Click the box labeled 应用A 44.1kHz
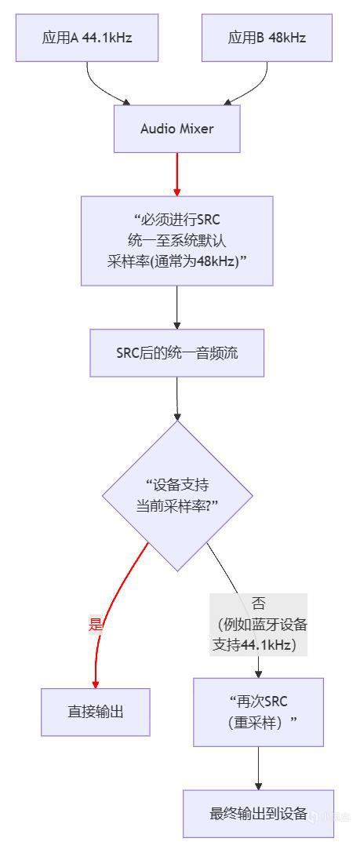[x=87, y=38]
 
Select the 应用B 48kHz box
[x=267, y=38]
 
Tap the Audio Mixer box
[x=177, y=129]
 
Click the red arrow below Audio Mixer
[x=177, y=174]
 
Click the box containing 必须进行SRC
[x=177, y=241]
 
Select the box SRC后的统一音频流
[x=177, y=353]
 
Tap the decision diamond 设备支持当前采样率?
[x=177, y=496]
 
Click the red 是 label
[x=95, y=624]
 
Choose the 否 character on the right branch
[x=258, y=603]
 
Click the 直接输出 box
[x=96, y=712]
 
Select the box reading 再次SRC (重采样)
[x=259, y=712]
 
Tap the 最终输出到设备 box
[x=259, y=814]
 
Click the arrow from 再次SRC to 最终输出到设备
[x=259, y=768]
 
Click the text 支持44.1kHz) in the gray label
[x=254, y=644]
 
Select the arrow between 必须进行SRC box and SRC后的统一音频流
[x=177, y=307]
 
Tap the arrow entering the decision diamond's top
[x=177, y=399]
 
